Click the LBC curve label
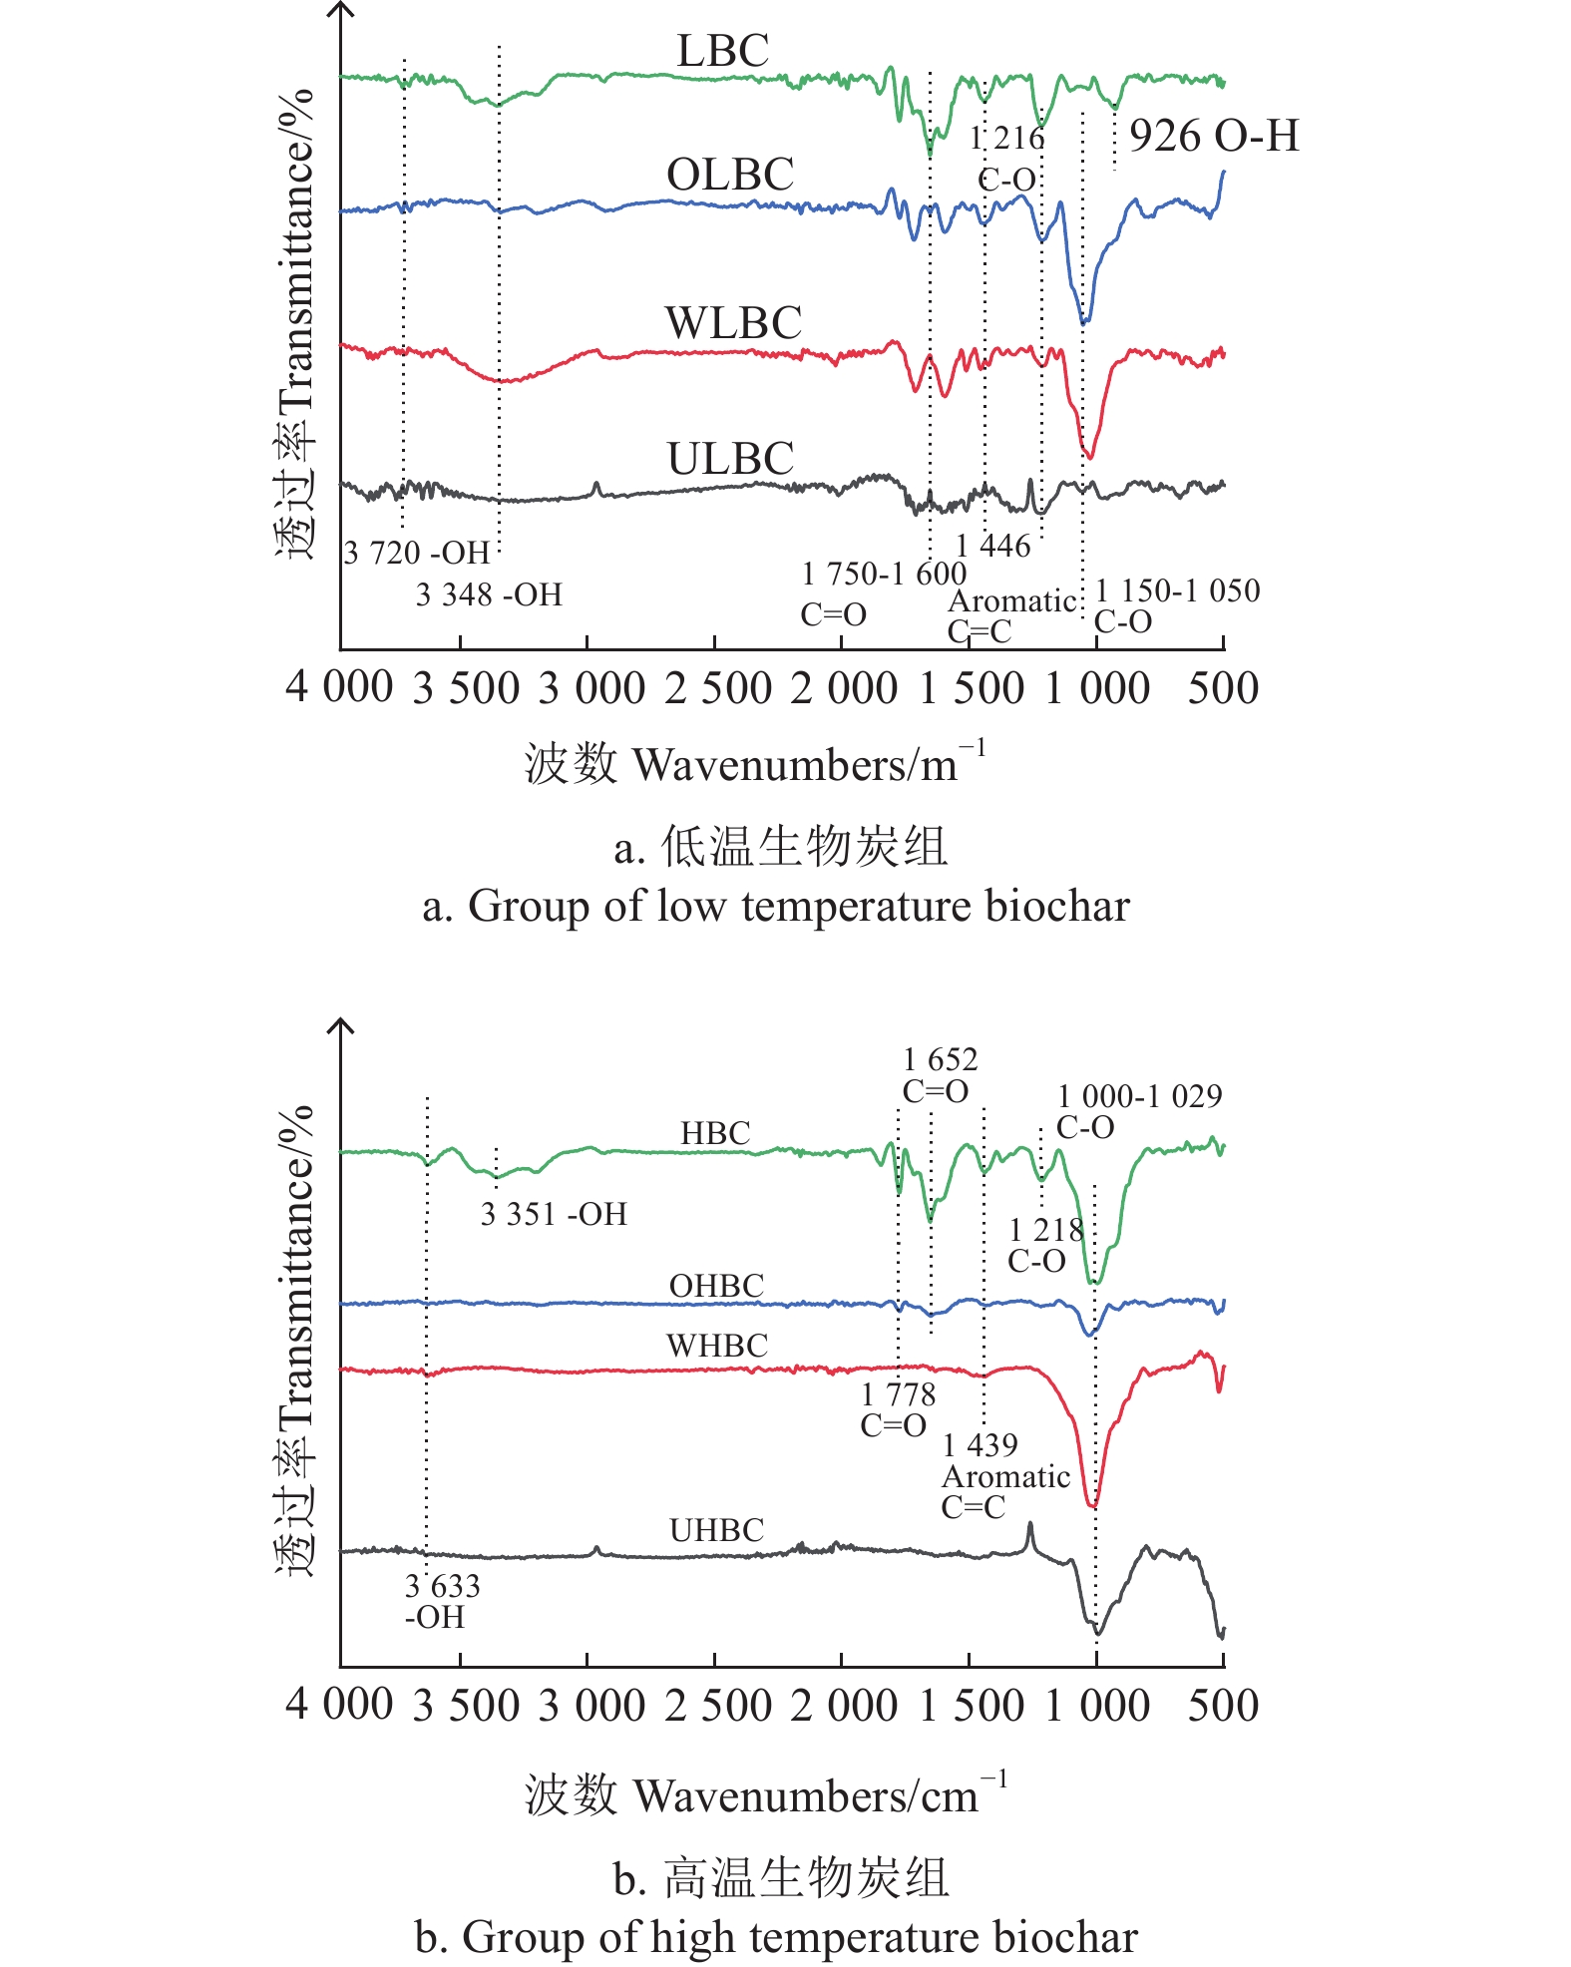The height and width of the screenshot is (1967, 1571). coord(722,51)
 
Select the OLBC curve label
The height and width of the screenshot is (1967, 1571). coord(730,176)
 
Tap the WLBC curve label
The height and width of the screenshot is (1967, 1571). coord(733,323)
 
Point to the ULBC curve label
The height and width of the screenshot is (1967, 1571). coord(730,460)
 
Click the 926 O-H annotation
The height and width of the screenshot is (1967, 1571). coord(1214,136)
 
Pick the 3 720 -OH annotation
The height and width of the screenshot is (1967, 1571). coord(417,553)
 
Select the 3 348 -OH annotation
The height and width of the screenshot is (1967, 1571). coord(489,595)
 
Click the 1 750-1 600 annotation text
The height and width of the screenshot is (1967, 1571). coord(884,574)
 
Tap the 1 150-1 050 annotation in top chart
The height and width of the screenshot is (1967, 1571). coord(1177,590)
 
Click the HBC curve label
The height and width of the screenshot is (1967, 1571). coord(715,1133)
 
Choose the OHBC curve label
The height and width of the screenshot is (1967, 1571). coord(716,1286)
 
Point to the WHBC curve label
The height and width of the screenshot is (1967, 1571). coord(717,1346)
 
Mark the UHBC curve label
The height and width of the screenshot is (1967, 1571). coord(716,1530)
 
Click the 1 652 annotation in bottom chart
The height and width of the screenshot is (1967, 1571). coord(940,1059)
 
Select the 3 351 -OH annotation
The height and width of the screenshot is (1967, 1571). coord(554,1214)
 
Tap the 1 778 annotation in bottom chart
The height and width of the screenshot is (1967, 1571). coord(898,1393)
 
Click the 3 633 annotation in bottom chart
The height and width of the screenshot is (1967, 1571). coord(442,1585)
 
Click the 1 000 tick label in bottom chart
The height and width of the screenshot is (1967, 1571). coord(1097,1705)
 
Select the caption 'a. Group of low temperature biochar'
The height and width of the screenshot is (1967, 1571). coord(776,907)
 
